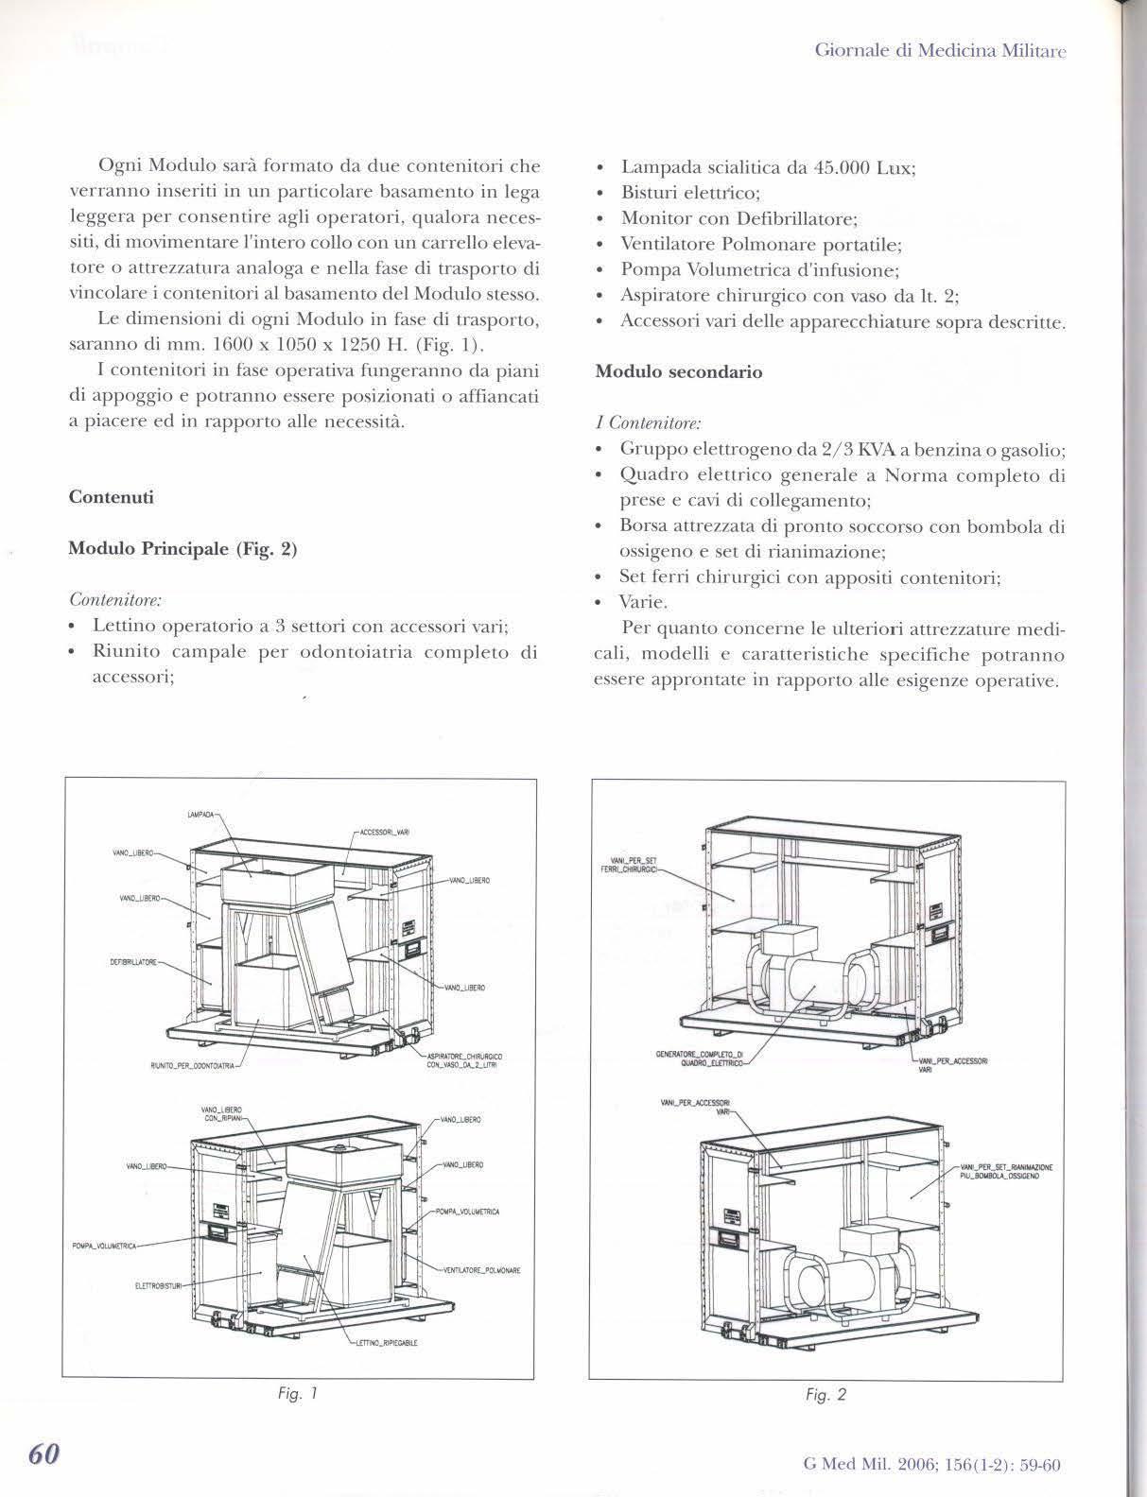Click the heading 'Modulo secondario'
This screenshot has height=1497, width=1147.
(x=678, y=372)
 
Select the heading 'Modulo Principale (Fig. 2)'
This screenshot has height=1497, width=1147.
(x=182, y=549)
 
